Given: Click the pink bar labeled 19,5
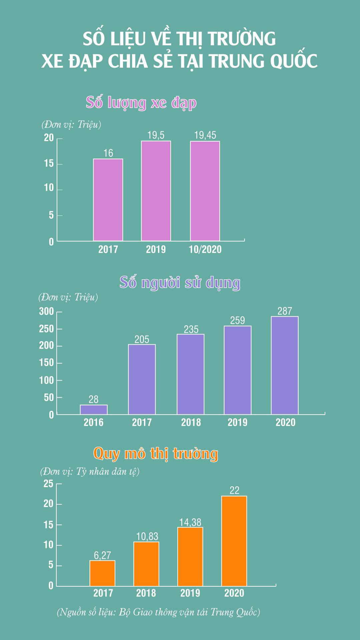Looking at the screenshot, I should coord(156,191).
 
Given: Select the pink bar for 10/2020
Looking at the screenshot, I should coord(205,191).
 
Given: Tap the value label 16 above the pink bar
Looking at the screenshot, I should coord(108,153).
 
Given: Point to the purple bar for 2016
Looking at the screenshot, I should coord(94,410).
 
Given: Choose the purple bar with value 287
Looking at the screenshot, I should coord(285,365).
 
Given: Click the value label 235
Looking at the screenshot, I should coord(191,329).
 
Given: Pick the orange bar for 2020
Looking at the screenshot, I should coord(234,541).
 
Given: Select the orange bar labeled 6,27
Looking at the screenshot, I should coord(102,573).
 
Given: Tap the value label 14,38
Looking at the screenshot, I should coord(190,522).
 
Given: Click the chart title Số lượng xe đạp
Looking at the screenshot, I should coord(141,102).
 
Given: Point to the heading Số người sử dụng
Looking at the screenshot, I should coord(180,282).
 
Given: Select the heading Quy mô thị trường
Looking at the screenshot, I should coord(155,454).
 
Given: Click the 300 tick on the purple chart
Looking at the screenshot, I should coord(46,311).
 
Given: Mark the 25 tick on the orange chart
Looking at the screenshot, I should coord(48,483).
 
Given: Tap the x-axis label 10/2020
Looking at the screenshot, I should coord(205,249).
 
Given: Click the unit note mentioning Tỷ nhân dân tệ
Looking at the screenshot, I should coord(90,471).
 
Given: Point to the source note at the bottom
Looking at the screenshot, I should coord(158,612).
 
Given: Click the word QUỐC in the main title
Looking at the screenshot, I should coord(294,61).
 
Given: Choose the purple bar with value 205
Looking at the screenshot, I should coord(142,379).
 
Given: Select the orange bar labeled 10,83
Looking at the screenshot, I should coord(146,564).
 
